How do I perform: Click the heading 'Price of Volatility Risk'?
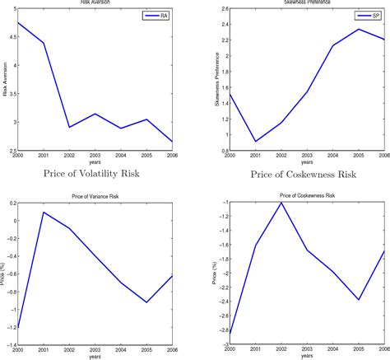pos(94,174)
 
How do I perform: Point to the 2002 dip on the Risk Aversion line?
pos(69,127)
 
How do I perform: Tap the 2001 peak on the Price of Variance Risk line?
pos(43,213)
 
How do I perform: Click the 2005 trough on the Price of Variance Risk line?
pos(146,302)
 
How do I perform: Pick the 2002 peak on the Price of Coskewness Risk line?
pos(280,202)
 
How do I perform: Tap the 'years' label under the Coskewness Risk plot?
pos(306,356)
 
